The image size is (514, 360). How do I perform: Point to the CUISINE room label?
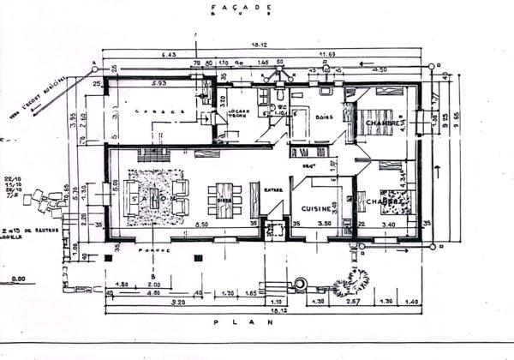(316, 207)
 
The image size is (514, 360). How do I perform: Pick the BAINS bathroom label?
(324, 117)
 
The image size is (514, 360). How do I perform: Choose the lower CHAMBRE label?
(381, 202)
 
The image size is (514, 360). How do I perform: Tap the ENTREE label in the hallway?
(272, 190)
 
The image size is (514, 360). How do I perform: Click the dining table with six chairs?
(224, 200)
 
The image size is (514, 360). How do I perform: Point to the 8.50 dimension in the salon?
(202, 225)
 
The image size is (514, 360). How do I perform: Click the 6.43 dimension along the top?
(166, 55)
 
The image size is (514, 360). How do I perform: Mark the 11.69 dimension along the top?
(326, 55)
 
